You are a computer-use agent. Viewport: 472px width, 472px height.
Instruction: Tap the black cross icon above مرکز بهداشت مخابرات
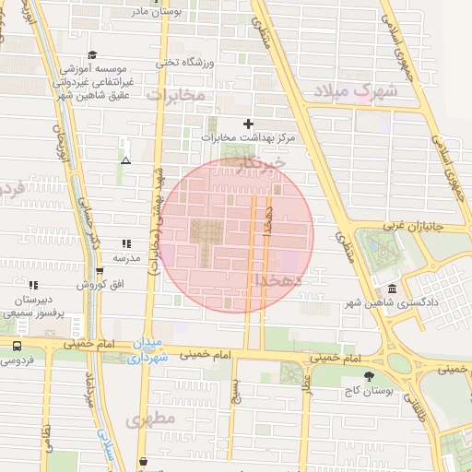tap(246, 124)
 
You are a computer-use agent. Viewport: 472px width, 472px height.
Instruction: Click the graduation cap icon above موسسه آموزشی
tap(91, 55)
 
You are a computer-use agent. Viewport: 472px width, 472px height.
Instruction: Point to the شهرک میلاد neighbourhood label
tap(354, 91)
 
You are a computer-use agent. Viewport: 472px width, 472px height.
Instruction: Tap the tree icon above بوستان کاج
tap(370, 376)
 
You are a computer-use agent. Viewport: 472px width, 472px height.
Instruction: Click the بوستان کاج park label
tap(373, 391)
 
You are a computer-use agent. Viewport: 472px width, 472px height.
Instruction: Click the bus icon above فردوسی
tap(17, 346)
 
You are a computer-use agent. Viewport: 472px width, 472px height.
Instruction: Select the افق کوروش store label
tap(95, 284)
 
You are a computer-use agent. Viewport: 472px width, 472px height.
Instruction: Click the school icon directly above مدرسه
tap(125, 244)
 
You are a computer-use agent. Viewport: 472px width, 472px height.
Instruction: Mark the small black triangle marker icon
tap(125, 160)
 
